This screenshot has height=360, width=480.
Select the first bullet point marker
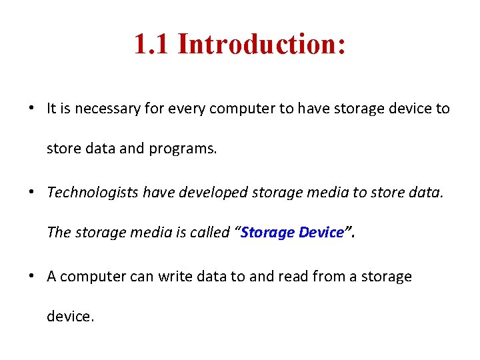[31, 108]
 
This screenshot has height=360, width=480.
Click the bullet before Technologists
[31, 193]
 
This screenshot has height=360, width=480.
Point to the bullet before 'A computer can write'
[31, 277]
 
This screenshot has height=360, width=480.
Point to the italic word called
[209, 233]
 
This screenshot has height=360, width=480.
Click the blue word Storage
[268, 233]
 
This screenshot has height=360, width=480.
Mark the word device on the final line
[70, 317]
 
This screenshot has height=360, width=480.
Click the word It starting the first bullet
[52, 108]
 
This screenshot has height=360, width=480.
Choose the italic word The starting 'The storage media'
[59, 233]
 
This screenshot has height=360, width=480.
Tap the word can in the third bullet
[141, 277]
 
